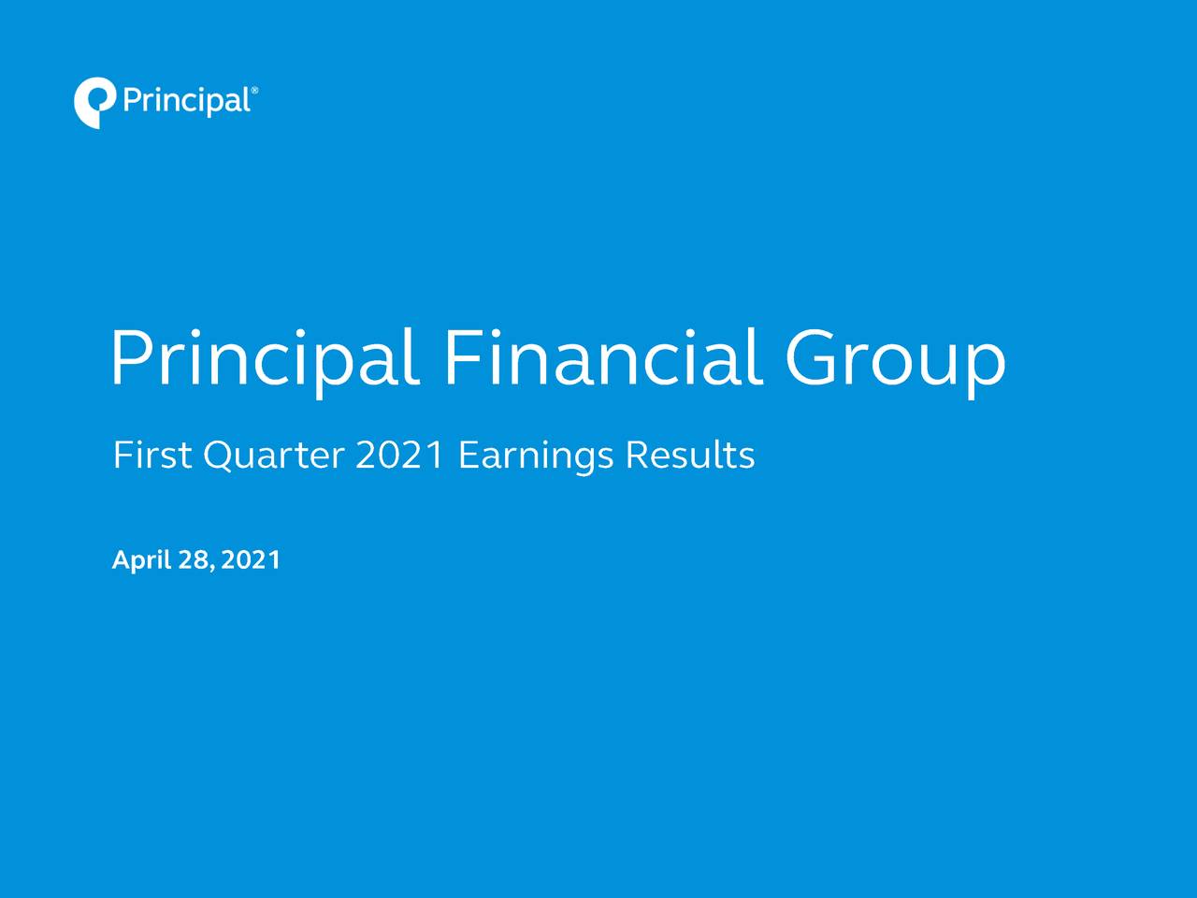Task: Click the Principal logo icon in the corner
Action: [x=94, y=102]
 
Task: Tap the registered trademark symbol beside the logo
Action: [x=254, y=91]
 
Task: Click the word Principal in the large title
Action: [x=265, y=359]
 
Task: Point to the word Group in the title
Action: [x=895, y=359]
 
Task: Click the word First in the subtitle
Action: [x=152, y=456]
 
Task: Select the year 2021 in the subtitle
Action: [x=400, y=456]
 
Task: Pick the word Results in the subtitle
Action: [x=689, y=456]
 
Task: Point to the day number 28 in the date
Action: [x=196, y=560]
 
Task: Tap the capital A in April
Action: [x=121, y=560]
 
